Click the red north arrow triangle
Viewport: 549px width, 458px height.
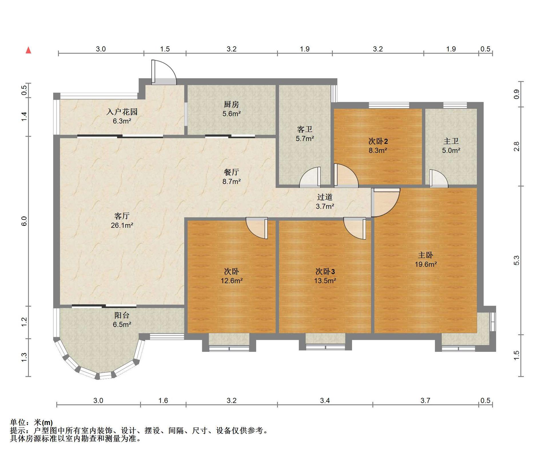28,50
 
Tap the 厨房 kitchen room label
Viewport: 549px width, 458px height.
231,105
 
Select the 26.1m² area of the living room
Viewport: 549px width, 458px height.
122,225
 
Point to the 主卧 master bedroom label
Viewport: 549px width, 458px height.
425,255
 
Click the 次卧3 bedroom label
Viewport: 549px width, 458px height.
325,271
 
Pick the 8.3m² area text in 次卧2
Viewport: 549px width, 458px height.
378,150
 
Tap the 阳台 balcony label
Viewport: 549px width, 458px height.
122,315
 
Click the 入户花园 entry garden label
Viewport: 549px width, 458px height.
122,112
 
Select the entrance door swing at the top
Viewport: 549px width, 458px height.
164,72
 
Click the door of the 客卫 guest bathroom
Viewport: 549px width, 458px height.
310,177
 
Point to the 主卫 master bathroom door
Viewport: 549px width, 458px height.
439,178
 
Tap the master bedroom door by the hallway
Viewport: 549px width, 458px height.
385,202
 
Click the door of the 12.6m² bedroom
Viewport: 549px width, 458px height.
257,228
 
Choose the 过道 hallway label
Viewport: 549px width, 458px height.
325,197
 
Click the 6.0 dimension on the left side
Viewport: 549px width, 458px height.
24,221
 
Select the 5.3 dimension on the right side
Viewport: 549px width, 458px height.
516,260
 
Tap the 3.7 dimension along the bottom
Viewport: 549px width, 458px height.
425,401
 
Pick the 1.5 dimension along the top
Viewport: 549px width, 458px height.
165,49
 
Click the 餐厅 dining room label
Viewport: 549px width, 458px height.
231,172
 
